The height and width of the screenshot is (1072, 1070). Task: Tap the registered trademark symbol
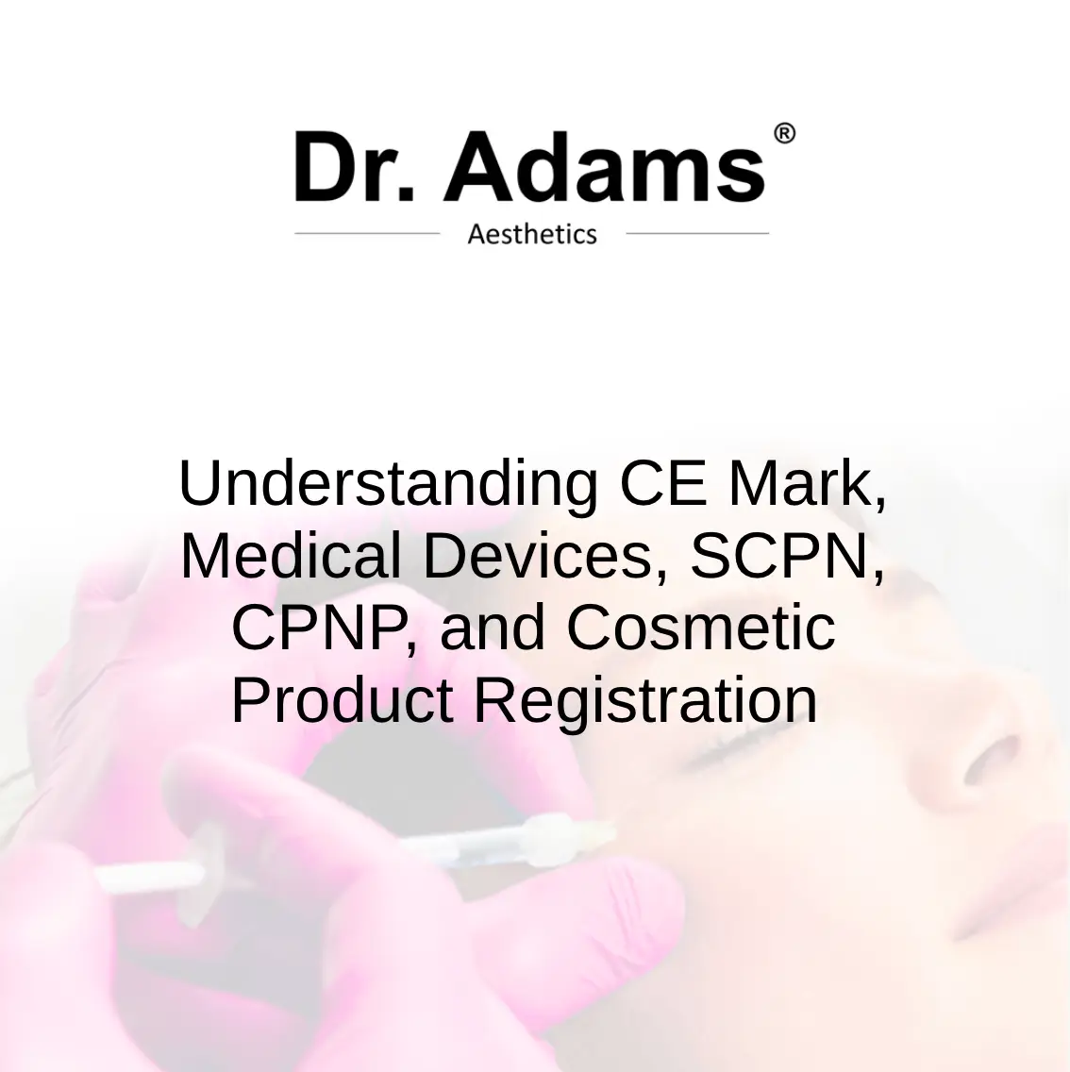coord(784,134)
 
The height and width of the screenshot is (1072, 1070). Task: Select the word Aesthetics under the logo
coord(532,234)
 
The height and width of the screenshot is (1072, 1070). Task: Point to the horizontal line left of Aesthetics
coord(367,233)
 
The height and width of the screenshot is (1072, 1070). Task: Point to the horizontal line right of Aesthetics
coord(697,233)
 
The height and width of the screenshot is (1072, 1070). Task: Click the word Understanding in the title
coord(388,485)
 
